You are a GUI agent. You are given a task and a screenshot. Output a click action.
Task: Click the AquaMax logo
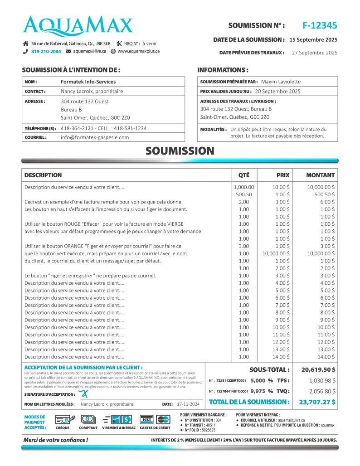pos(78,26)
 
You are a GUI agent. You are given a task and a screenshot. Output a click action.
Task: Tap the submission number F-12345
pos(320,25)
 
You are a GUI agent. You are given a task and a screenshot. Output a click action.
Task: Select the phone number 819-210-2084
pos(46,52)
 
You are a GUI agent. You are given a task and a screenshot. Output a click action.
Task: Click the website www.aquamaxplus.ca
pos(138,51)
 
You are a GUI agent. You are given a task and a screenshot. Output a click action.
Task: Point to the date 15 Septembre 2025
pos(313,40)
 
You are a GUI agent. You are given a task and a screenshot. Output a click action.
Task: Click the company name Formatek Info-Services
pos(88,82)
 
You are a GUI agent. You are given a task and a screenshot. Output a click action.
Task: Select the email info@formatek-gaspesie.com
pos(95,137)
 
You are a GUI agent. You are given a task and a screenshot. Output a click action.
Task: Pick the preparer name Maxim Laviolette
pos(281,82)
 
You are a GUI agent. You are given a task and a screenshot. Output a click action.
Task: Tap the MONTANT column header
pos(320,175)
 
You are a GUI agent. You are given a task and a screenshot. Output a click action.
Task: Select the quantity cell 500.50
pos(243,194)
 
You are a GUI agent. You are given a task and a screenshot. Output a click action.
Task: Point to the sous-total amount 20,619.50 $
pos(318,369)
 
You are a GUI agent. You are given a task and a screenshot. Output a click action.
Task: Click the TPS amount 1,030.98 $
pos(322,380)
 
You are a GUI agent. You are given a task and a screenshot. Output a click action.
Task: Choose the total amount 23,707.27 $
pos(317,402)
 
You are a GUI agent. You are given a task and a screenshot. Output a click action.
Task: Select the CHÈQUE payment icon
pos(62,420)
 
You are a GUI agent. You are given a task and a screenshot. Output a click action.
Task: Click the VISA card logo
pos(146,419)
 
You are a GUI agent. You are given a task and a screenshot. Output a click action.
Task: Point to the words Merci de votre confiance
pos(55,440)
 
